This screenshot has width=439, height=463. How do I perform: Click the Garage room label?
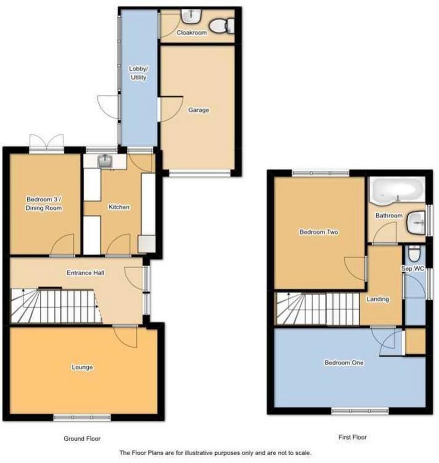pos(198,110)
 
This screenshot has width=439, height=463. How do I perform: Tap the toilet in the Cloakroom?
pos(222,25)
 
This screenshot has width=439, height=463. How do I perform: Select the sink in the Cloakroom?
pos(191,16)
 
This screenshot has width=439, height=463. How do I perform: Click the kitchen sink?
pos(105,161)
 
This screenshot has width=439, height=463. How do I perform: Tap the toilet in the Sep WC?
pos(413,253)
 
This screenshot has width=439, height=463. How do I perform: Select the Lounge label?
pos(82,367)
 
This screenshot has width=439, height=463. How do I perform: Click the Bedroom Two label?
pos(319,232)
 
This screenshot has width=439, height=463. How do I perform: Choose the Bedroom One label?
pos(344,363)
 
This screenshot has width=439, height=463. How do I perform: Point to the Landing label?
pos(378,299)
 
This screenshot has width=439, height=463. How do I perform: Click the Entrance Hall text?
pos(86,273)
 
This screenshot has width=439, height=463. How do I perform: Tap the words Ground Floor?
pos(82,439)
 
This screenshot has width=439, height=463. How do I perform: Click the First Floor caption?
pos(352,437)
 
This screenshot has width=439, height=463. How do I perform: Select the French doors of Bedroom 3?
pos(47,144)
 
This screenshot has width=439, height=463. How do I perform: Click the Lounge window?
pos(82,417)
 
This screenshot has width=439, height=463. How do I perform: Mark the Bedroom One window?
pos(360,411)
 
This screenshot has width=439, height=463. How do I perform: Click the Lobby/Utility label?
pos(139,73)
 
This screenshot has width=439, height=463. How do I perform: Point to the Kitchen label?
pos(119,207)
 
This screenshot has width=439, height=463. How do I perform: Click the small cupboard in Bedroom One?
pos(415,341)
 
